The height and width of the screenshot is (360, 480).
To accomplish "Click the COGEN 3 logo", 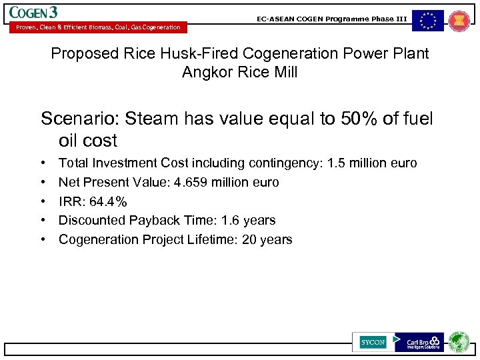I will coord(34,12).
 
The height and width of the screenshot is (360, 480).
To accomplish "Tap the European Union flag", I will coord(427,21).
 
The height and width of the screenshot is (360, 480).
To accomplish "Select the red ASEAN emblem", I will coord(459,21).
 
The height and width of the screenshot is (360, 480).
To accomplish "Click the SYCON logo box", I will coord(373,342).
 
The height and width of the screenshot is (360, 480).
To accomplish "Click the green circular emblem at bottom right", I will coord(459,342).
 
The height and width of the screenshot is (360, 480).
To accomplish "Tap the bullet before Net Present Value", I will coord(43,182).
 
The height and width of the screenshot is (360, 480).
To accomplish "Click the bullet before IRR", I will coord(43,201).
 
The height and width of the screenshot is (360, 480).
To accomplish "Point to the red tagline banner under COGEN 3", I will coord(97,27).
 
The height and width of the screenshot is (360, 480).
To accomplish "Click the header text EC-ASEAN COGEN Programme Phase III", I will coord(331,19).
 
